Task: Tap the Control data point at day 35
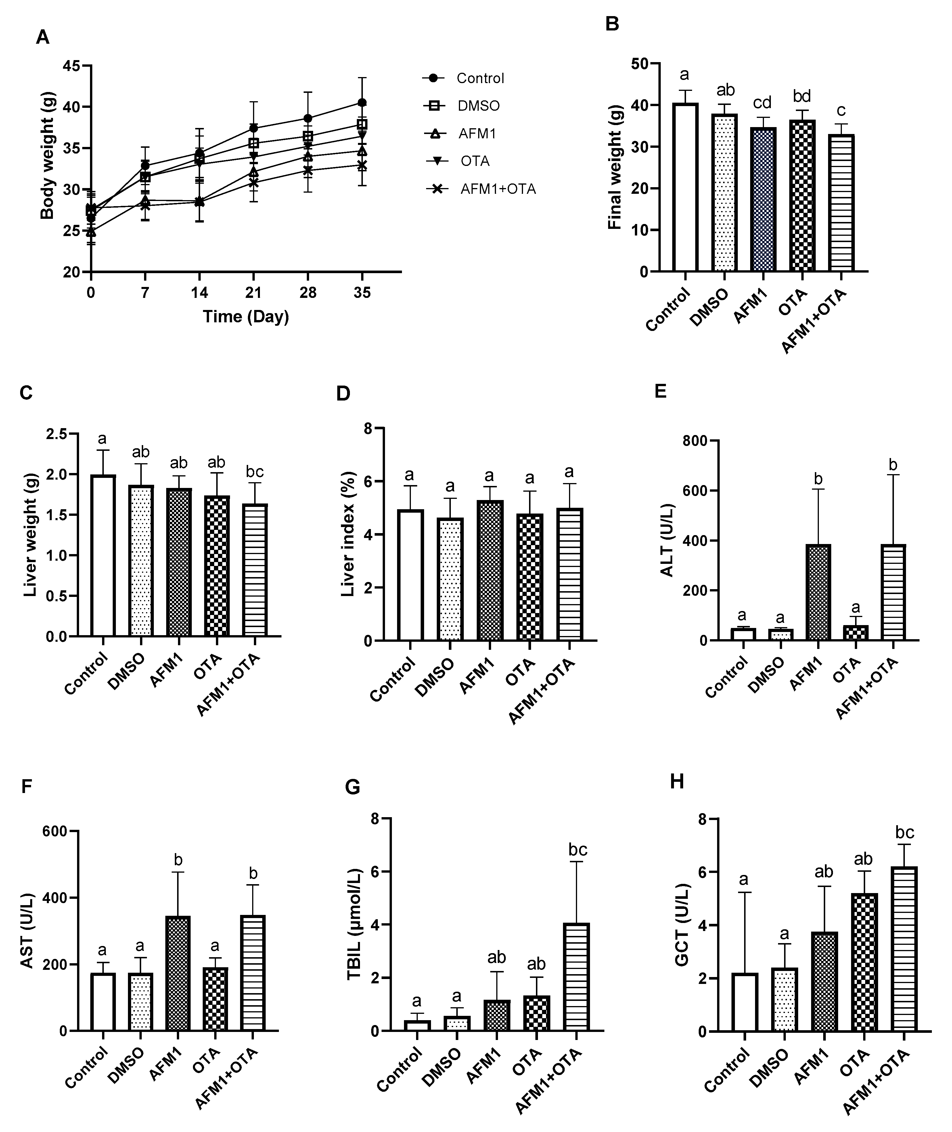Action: pyautogui.click(x=362, y=103)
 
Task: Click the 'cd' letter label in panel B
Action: pyautogui.click(x=763, y=103)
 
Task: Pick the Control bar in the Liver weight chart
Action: pyautogui.click(x=103, y=556)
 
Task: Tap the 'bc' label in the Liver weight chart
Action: pyautogui.click(x=255, y=472)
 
